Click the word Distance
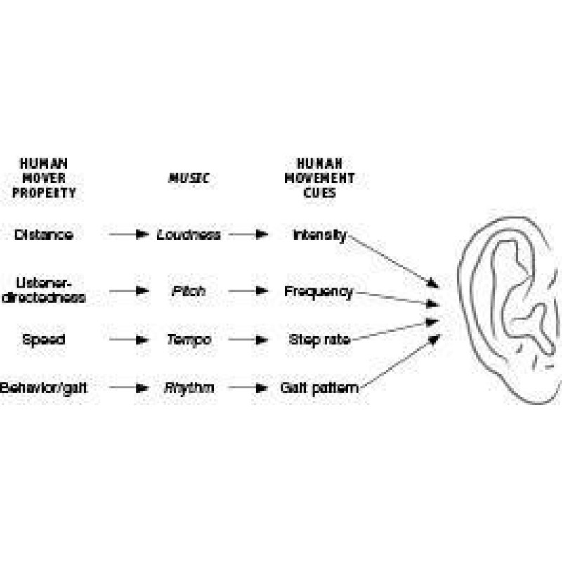tap(43, 235)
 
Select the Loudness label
tap(188, 235)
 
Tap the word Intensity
tap(319, 235)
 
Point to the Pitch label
tap(188, 291)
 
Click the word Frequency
tap(318, 291)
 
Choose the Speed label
tap(44, 339)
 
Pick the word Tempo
tap(188, 339)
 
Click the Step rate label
tap(320, 339)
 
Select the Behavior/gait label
tap(44, 387)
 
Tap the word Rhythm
tap(188, 387)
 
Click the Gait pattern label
tap(320, 387)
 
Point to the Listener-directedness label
tap(44, 290)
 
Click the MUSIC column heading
tap(188, 178)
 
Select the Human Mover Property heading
tap(44, 178)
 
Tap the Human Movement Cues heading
tap(319, 178)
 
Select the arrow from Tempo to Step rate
tap(249, 339)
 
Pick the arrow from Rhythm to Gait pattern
tap(249, 387)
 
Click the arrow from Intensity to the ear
tap(393, 261)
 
